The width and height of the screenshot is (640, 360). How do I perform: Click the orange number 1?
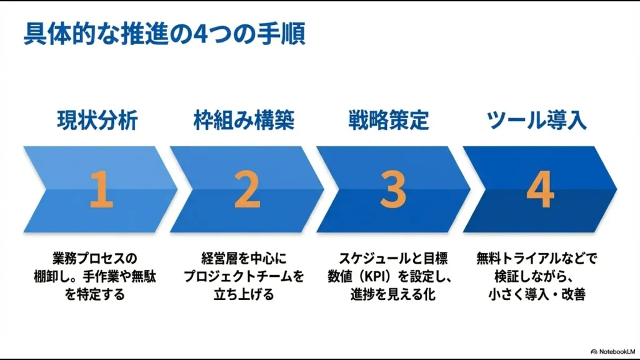click(x=101, y=190)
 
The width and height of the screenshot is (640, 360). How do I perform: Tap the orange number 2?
click(x=247, y=190)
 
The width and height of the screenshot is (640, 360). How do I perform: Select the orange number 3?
click(x=392, y=190)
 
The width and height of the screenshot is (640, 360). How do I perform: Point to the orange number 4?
click(x=539, y=190)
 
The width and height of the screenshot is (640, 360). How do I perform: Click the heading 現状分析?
click(x=97, y=120)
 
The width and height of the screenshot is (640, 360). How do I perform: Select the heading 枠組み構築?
click(x=244, y=120)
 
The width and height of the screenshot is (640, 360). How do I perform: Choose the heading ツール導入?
click(x=537, y=120)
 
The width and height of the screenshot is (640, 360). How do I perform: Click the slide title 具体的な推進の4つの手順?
click(x=164, y=35)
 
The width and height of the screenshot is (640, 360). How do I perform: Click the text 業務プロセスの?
click(x=94, y=257)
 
